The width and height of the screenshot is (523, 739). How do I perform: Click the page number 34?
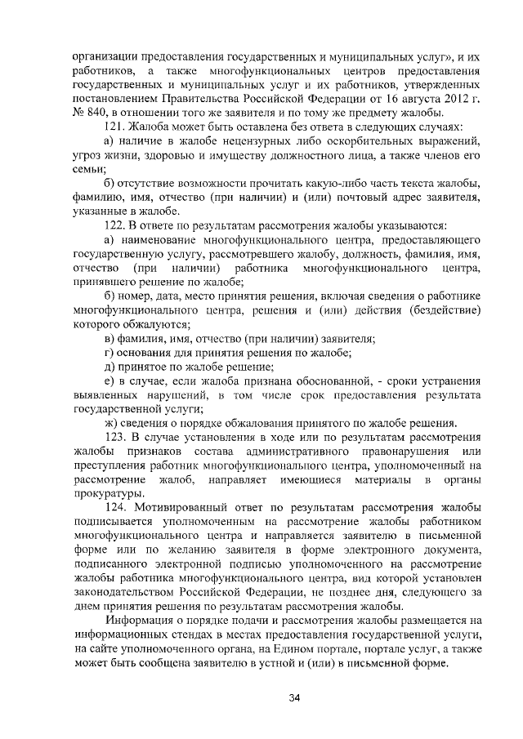(x=261, y=698)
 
